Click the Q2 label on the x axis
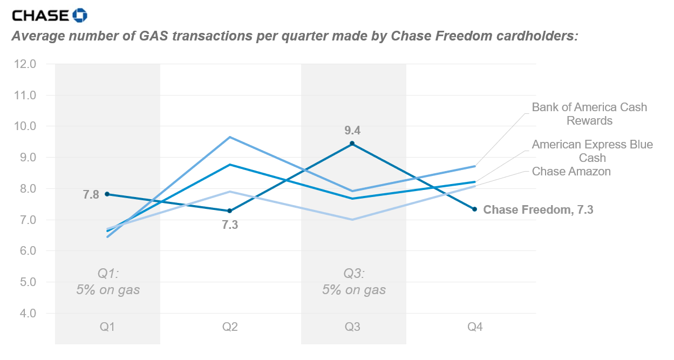coord(230,327)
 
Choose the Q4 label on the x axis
coord(475,327)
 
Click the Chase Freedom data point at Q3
coord(352,144)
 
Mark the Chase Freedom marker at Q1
coord(108,194)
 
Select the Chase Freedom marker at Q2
coord(230,210)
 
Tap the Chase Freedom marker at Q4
coord(475,209)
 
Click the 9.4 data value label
coord(352,130)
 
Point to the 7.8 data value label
coord(90,194)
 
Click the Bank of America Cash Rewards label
coord(589,114)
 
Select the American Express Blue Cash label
coord(592,151)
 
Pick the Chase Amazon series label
coord(571,172)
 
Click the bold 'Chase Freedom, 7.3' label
coord(538,210)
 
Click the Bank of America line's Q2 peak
coord(230,137)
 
